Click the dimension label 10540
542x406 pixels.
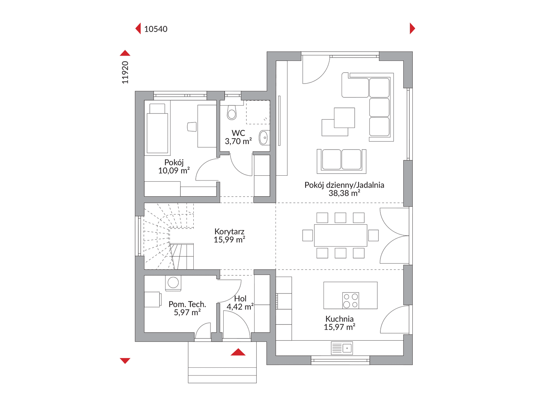pyautogui.click(x=156, y=29)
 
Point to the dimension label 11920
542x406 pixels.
pyautogui.click(x=125, y=72)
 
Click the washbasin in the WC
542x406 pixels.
pyautogui.click(x=264, y=137)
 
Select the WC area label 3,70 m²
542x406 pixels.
pyautogui.click(x=238, y=141)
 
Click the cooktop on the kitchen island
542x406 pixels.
pyautogui.click(x=351, y=301)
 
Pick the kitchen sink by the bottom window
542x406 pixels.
pyautogui.click(x=342, y=348)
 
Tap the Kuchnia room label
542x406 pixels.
pyautogui.click(x=339, y=319)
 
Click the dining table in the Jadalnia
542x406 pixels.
pyautogui.click(x=341, y=236)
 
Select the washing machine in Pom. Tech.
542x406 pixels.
pyautogui.click(x=173, y=282)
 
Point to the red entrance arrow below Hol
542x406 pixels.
pyautogui.click(x=238, y=352)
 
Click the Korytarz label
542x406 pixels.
pyautogui.click(x=229, y=231)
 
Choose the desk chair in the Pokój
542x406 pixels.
pyautogui.click(x=192, y=127)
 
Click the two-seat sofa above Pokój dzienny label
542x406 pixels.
pyautogui.click(x=341, y=161)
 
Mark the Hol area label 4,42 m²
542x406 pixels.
pyautogui.click(x=240, y=307)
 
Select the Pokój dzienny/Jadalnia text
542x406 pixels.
pyautogui.click(x=344, y=185)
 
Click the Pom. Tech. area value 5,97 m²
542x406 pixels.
pyautogui.click(x=187, y=312)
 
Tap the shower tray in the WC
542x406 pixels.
pyautogui.click(x=258, y=112)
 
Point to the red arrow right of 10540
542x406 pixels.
pyautogui.click(x=412, y=28)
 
